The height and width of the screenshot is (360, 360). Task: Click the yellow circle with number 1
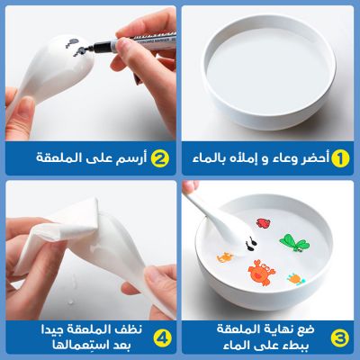point(340,158)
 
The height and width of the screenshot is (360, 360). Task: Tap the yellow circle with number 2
point(160,158)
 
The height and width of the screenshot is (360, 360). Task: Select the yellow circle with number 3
point(340,337)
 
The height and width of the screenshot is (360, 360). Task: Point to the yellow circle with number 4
point(162,337)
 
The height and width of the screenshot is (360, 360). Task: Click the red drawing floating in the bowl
point(263,223)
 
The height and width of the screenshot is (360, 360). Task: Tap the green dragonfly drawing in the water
point(294,242)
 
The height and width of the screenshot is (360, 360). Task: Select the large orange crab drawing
point(261,273)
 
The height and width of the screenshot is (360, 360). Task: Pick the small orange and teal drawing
point(296,279)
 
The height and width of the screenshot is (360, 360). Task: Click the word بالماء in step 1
point(211,158)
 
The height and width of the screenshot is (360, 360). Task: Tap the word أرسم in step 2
point(131,158)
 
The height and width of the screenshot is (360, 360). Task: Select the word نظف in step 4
point(130,329)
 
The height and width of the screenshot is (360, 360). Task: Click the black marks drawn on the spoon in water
point(251,243)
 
